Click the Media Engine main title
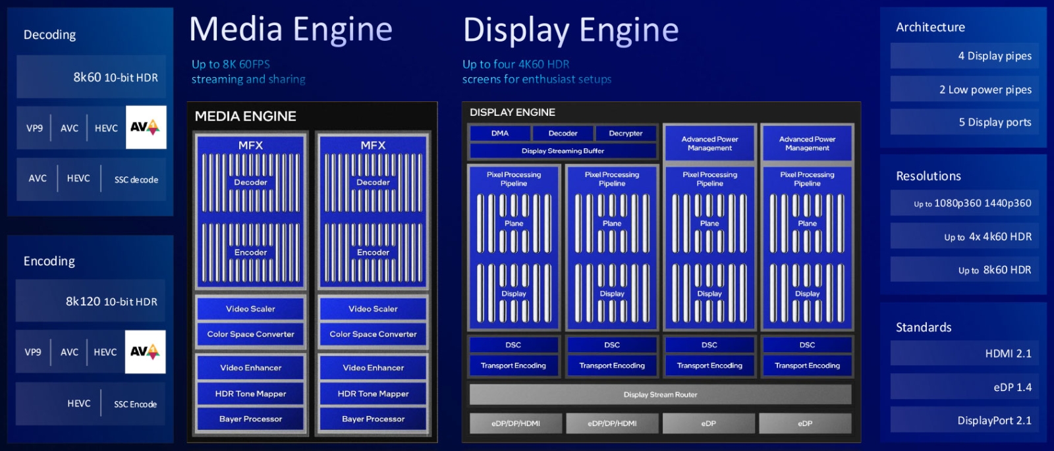[291, 30]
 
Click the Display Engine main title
[570, 30]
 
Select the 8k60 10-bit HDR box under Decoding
[92, 77]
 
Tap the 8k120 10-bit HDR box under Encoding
[91, 301]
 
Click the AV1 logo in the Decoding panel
[146, 127]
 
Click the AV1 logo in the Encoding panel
[145, 352]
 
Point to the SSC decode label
[136, 179]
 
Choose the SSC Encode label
[135, 404]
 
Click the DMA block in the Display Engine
[500, 133]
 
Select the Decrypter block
[625, 133]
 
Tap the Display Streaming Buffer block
[563, 151]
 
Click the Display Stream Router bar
[660, 394]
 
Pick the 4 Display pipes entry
[964, 56]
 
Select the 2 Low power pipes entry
[964, 90]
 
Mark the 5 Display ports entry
[964, 122]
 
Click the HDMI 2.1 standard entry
[964, 354]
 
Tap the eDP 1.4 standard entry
[964, 387]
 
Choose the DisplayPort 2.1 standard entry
[964, 420]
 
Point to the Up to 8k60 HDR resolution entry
[964, 270]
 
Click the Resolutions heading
[928, 176]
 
